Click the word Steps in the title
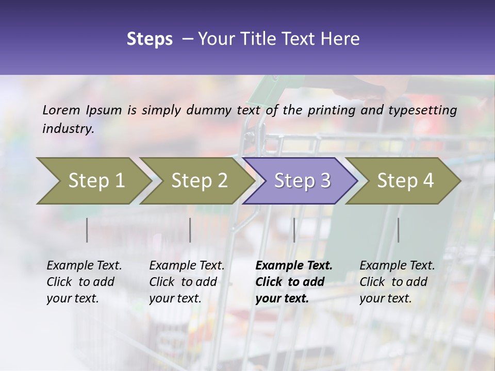tap(150, 39)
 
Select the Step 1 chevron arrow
tap(93, 180)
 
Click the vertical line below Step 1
tap(87, 230)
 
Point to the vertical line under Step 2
tap(190, 230)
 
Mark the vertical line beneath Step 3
tap(294, 230)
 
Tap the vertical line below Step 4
tap(398, 230)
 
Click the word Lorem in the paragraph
tap(61, 110)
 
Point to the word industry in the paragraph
tap(68, 129)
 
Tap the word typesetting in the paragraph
tap(422, 110)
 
